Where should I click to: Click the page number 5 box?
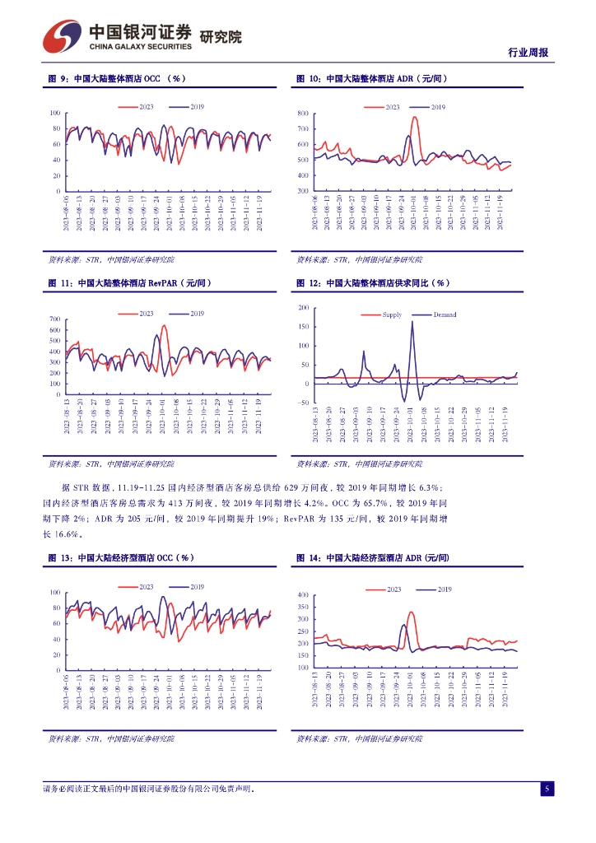(547, 789)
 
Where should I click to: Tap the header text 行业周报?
(529, 53)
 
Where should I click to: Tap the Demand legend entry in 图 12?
(444, 314)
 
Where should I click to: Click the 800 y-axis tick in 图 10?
(302, 113)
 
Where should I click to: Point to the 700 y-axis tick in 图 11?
(54, 319)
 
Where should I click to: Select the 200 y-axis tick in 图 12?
(303, 308)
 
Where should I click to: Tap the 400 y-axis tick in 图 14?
(302, 594)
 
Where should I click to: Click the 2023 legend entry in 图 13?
(146, 586)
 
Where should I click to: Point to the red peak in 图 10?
(414, 117)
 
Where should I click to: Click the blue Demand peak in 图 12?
(412, 321)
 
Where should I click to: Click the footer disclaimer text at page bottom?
(148, 789)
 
